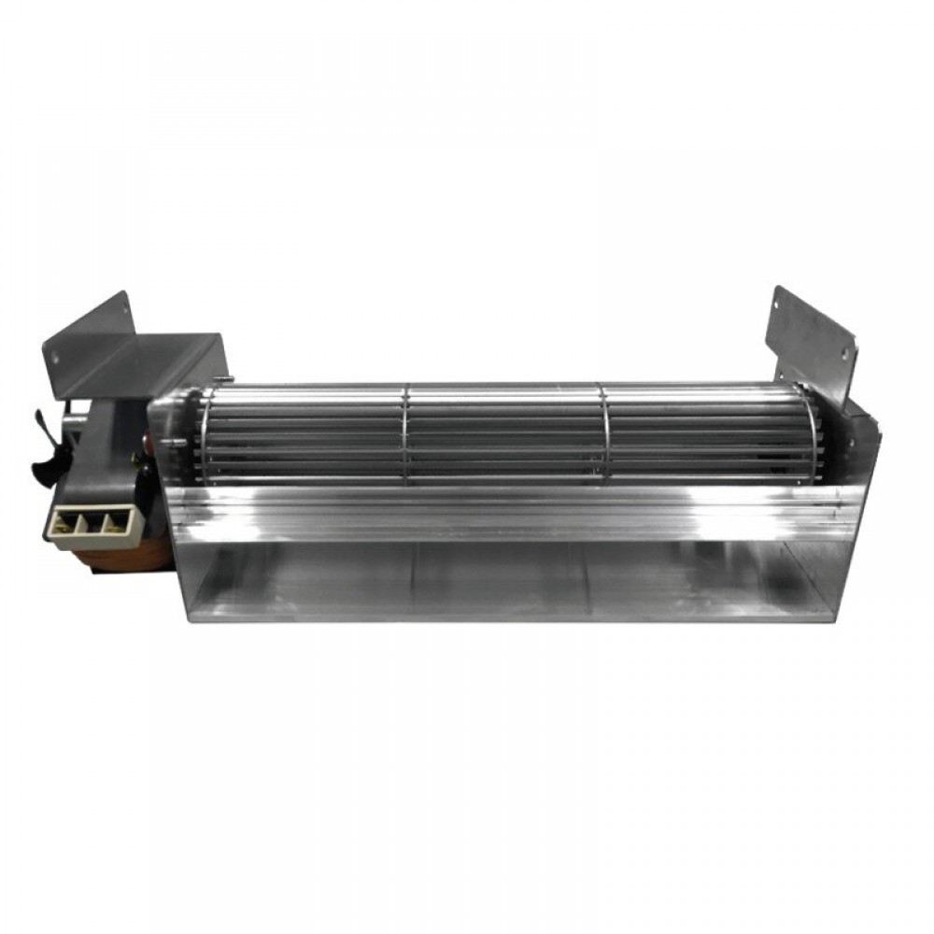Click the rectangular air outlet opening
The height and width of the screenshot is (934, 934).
coord(504,574)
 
